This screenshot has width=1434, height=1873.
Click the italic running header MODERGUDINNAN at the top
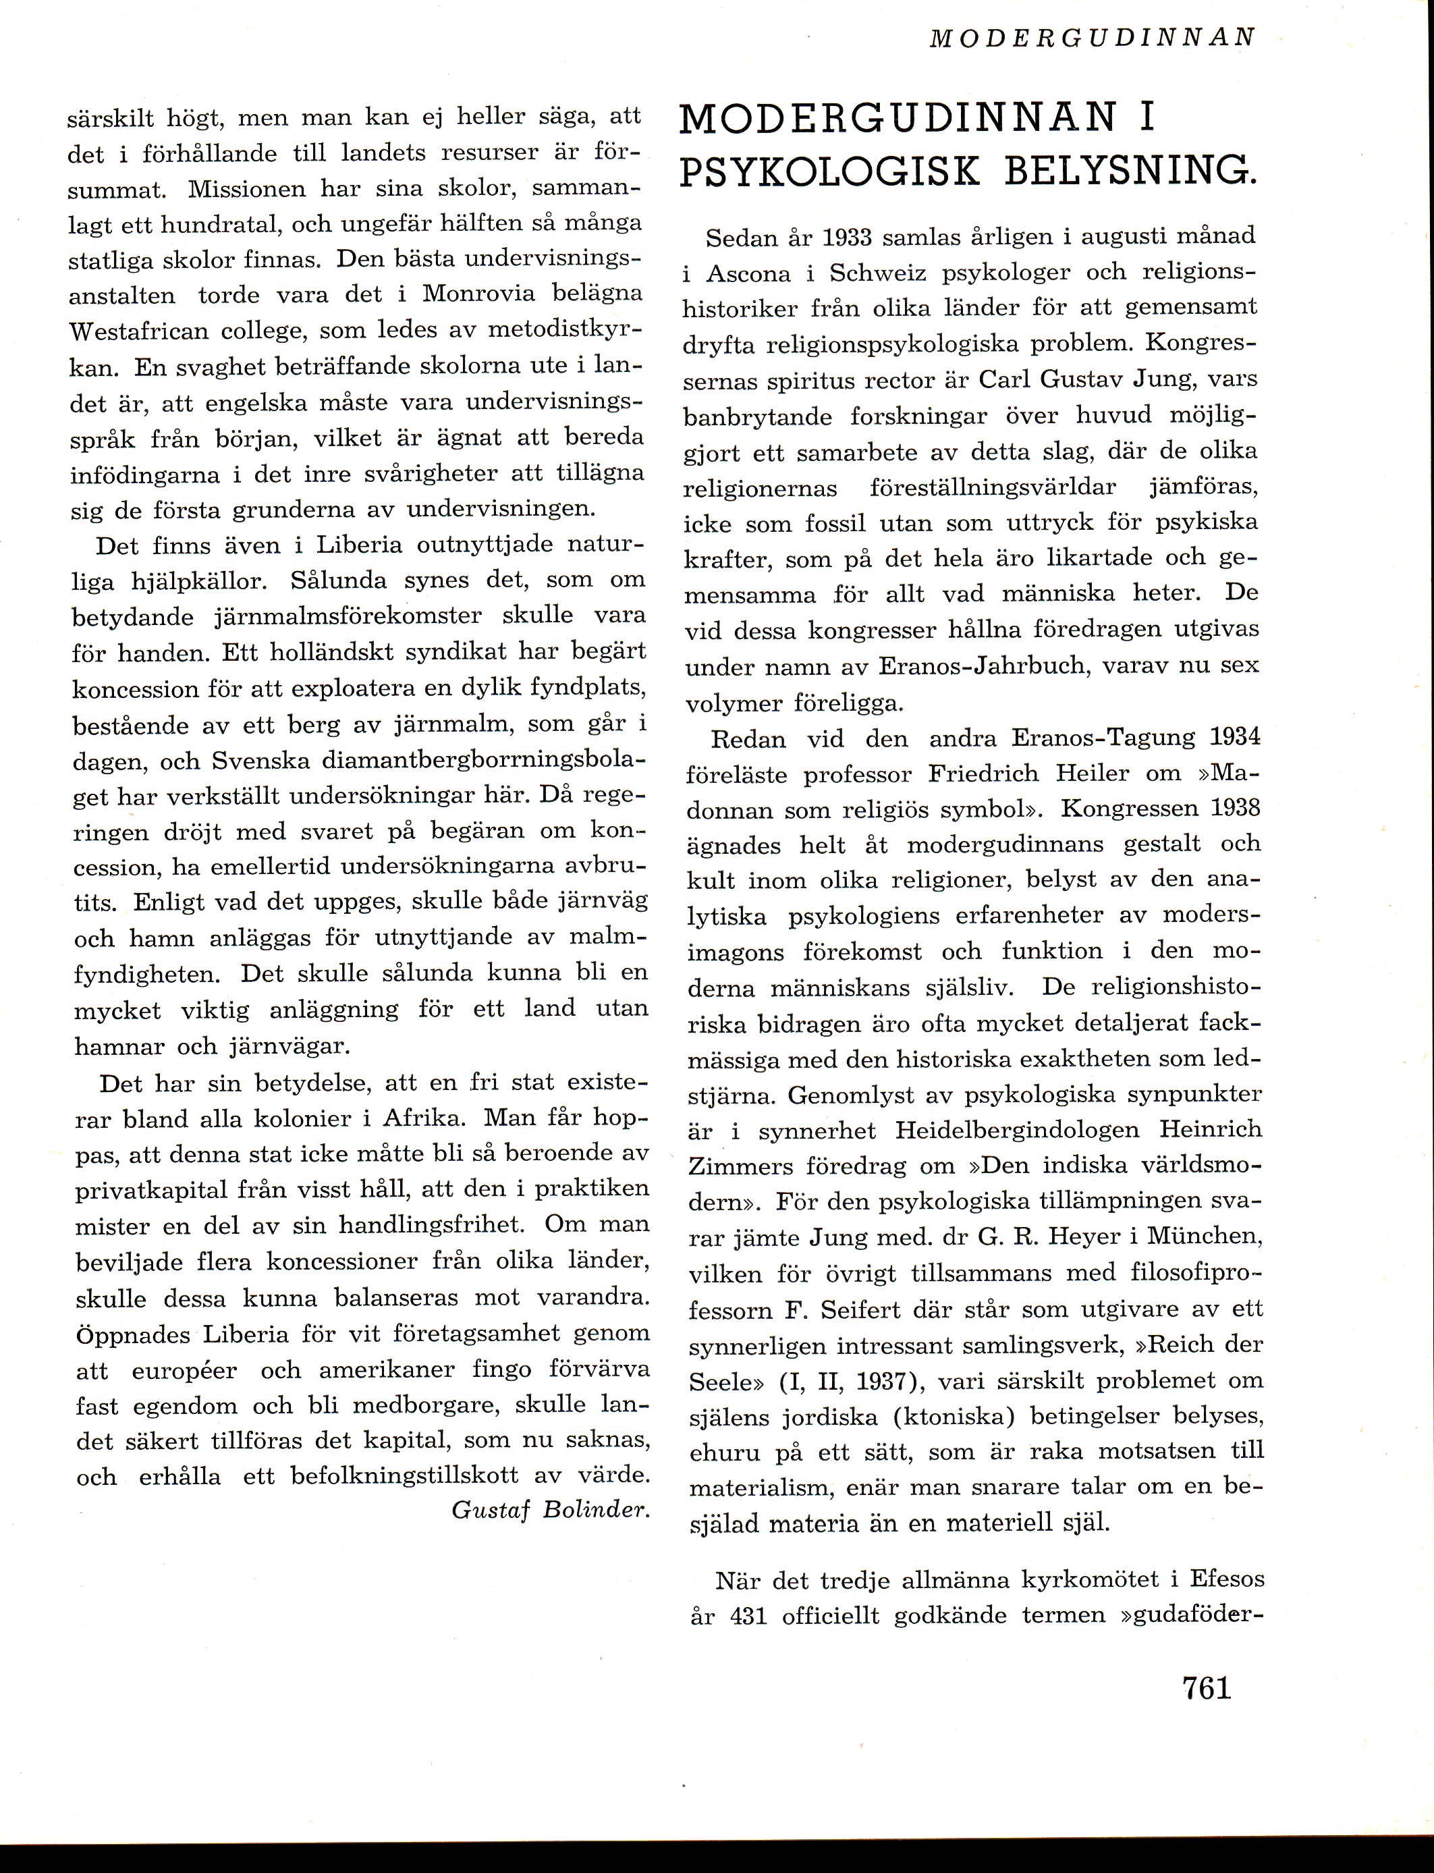(x=1092, y=38)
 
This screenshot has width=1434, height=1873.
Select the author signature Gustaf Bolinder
(x=551, y=1509)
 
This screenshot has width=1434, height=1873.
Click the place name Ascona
(x=753, y=273)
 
